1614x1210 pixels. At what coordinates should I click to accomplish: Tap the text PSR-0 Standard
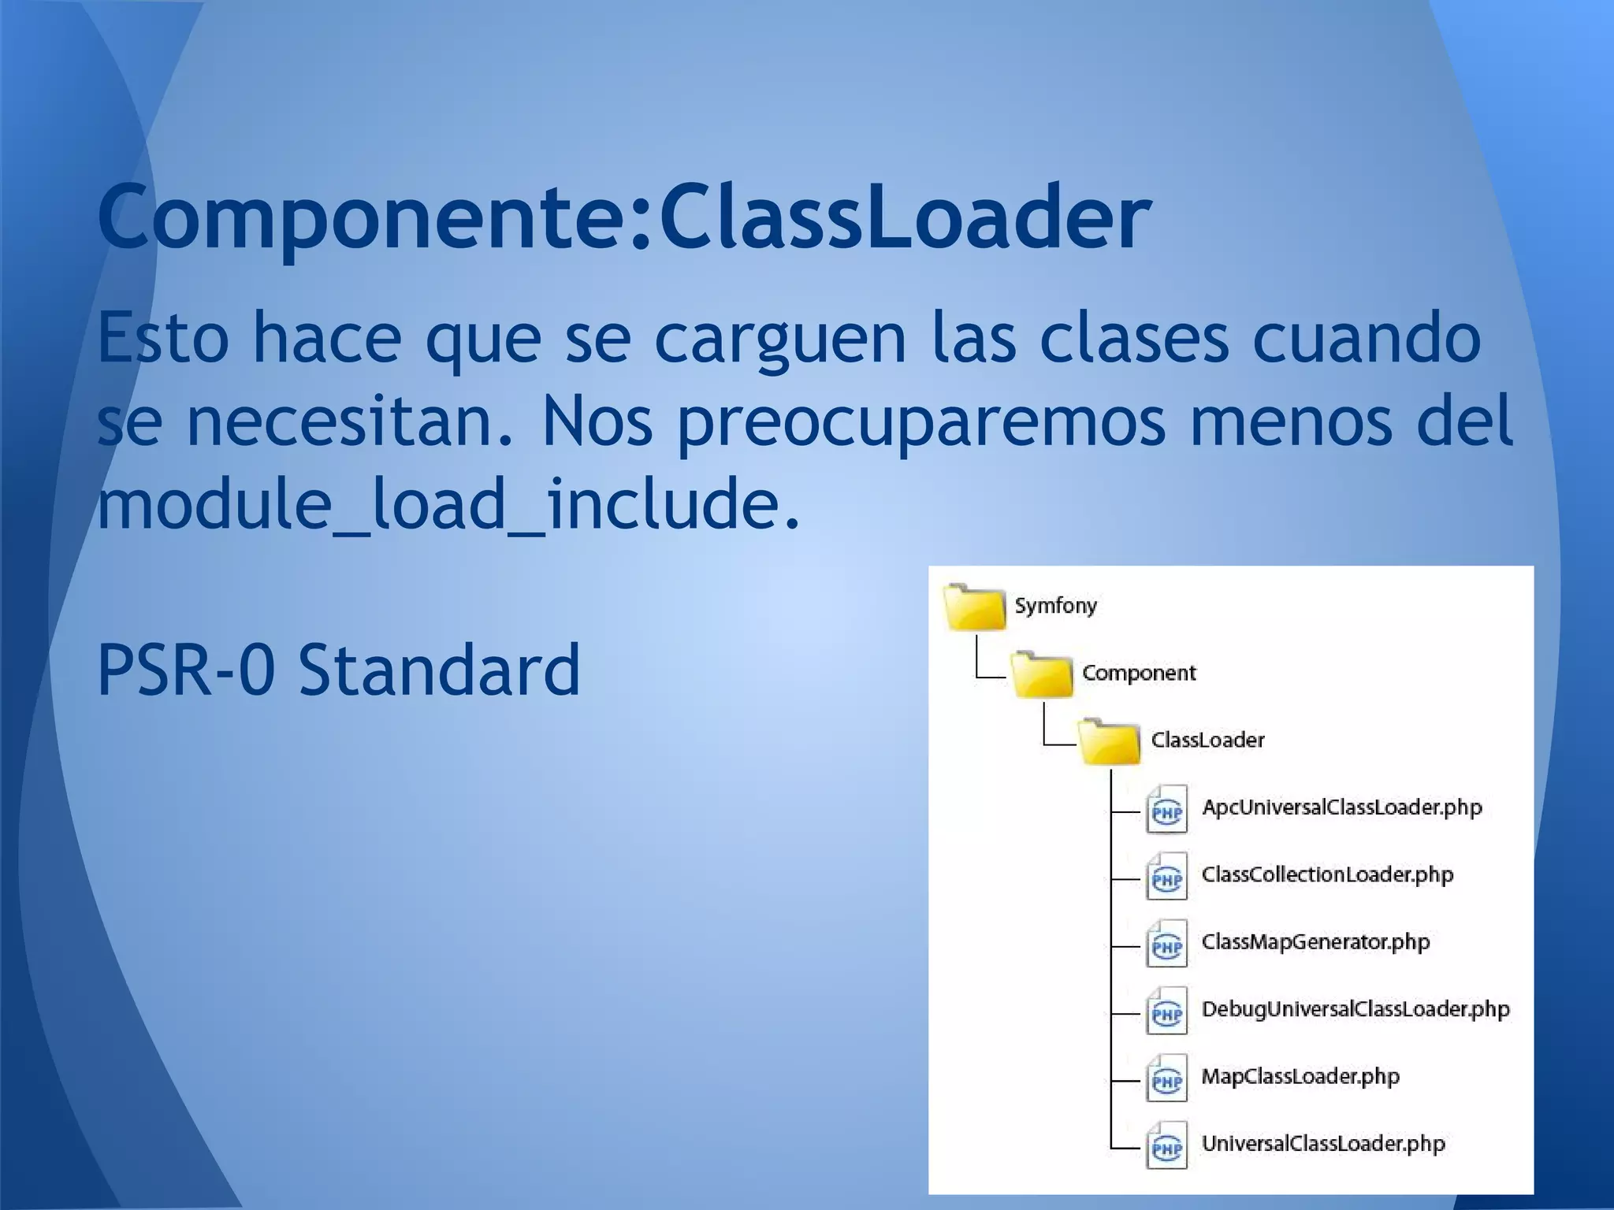click(339, 670)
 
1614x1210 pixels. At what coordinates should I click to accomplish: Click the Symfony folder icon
click(974, 607)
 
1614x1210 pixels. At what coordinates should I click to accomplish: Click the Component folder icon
click(1042, 675)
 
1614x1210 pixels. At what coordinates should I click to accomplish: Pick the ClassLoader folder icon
click(1109, 742)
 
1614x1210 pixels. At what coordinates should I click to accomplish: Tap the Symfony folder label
click(1055, 606)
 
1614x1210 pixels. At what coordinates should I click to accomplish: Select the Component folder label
click(1139, 673)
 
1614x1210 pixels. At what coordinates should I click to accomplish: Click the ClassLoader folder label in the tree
click(1207, 740)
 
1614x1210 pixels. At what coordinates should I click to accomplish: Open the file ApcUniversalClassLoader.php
click(1341, 807)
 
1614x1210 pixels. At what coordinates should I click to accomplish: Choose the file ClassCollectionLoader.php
click(1327, 874)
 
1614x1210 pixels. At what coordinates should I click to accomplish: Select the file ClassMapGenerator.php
click(1315, 942)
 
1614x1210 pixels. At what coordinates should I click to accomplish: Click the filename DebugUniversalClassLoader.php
click(1356, 1009)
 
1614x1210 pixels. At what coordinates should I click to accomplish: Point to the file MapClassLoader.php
click(1300, 1076)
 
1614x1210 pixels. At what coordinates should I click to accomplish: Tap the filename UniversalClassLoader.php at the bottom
click(1323, 1144)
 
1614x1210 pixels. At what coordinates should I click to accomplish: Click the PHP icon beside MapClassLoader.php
click(1166, 1079)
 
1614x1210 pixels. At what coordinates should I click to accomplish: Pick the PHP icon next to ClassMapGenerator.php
click(1166, 945)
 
